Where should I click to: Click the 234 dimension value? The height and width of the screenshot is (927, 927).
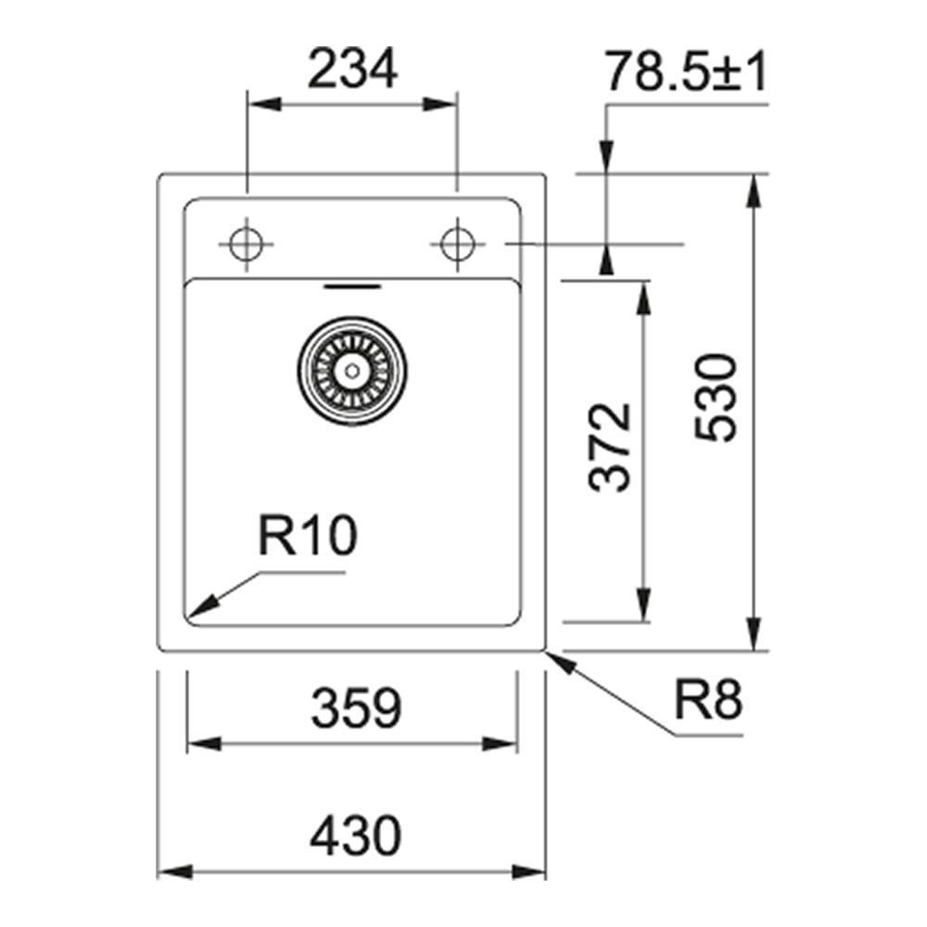[353, 69]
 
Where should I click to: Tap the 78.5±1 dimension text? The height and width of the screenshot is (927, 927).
[686, 72]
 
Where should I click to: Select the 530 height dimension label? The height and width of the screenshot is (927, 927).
[717, 398]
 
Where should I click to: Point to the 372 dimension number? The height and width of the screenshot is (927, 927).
[610, 447]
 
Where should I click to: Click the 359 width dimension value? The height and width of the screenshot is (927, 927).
[356, 707]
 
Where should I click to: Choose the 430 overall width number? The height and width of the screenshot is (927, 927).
[356, 835]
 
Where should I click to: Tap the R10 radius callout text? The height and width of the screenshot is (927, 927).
[308, 535]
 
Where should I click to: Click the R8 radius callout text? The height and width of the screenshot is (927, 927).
[708, 699]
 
